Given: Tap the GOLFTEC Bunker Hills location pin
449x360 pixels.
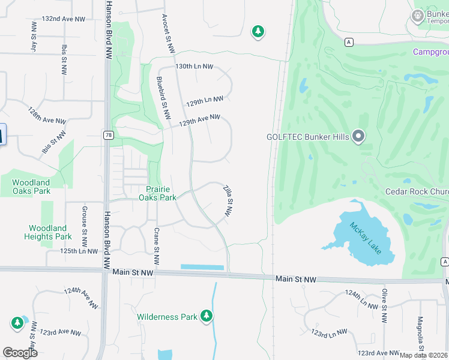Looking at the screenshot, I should pos(358,137).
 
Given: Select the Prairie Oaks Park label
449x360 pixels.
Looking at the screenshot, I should pos(157,193).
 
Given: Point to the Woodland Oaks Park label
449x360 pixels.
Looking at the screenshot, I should pos(31,187).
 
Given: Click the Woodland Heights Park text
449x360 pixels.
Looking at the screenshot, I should pos(48,232).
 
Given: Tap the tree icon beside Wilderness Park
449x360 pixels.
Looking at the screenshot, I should pos(206,316).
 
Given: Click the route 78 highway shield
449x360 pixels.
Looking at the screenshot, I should pos(107,135).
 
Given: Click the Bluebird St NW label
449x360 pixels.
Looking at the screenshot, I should pos(161,97).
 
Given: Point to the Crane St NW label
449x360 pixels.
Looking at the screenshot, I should pos(156,245).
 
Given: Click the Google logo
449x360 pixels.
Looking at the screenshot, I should pos(20,352).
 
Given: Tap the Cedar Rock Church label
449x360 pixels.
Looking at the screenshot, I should pos(417,192).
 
